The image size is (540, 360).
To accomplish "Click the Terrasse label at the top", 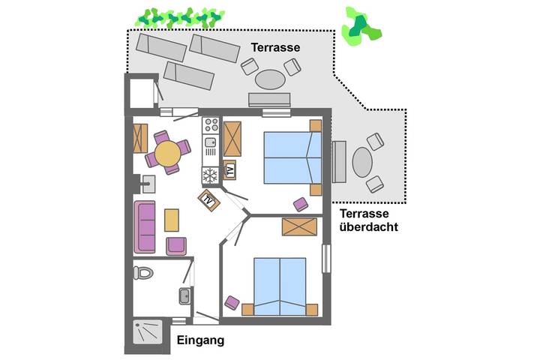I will [275, 48].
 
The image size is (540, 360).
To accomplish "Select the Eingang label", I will [200, 340].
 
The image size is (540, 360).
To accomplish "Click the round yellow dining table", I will [167, 153].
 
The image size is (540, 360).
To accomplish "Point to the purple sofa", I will [144, 227].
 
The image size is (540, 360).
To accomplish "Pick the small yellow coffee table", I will [172, 220].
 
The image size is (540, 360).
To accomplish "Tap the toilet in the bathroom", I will [142, 271].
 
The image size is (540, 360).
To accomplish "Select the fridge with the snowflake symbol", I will [209, 175].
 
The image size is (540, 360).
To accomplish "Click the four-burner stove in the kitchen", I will [211, 125].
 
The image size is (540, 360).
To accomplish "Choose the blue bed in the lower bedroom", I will [280, 286].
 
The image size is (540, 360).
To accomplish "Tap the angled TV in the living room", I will [208, 200].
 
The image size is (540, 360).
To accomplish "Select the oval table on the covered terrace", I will [361, 162].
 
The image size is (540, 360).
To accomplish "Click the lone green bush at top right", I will [360, 25].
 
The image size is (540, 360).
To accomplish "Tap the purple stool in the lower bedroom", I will [232, 302].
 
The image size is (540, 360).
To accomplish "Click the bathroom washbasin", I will [184, 296].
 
